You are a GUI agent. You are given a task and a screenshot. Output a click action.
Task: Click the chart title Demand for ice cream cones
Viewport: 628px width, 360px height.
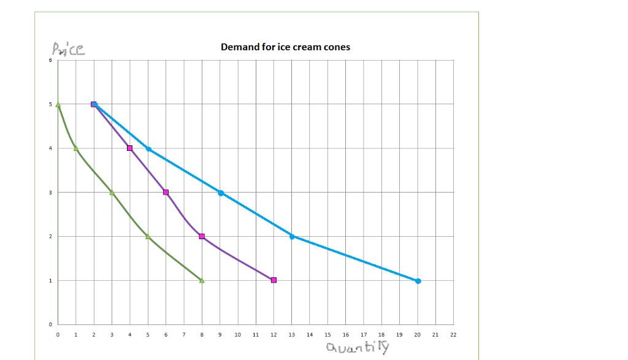pyautogui.click(x=285, y=47)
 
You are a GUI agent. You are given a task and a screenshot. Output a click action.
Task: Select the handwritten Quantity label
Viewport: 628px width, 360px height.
pyautogui.click(x=358, y=348)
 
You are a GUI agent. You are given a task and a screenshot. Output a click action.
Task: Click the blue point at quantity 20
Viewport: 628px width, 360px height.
pyautogui.click(x=418, y=281)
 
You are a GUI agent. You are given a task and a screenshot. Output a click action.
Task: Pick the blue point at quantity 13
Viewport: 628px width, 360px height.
pyautogui.click(x=292, y=237)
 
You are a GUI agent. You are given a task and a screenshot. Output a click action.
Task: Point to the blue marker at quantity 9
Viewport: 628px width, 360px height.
pyautogui.click(x=220, y=193)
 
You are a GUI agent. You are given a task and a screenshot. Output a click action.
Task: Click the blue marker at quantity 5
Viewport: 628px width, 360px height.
pyautogui.click(x=148, y=148)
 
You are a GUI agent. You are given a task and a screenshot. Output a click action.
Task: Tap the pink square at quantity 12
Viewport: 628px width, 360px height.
pyautogui.click(x=274, y=280)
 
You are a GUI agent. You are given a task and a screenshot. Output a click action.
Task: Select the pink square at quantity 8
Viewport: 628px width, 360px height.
pyautogui.click(x=202, y=237)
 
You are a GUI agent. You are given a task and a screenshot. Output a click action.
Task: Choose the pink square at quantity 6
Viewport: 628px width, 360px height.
pyautogui.click(x=166, y=193)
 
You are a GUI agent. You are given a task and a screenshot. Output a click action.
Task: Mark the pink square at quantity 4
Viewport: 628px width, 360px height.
pyautogui.click(x=129, y=148)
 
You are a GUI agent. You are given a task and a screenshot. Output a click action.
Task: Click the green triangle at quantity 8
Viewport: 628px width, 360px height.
pyautogui.click(x=202, y=280)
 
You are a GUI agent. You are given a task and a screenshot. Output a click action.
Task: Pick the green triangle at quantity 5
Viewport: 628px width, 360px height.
pyautogui.click(x=148, y=236)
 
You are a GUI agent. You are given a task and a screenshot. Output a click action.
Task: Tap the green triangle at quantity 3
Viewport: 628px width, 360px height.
pyautogui.click(x=112, y=192)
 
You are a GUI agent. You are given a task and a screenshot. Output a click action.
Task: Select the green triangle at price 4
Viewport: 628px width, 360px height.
pyautogui.click(x=75, y=148)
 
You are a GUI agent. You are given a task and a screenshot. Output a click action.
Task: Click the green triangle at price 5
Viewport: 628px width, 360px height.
pyautogui.click(x=58, y=104)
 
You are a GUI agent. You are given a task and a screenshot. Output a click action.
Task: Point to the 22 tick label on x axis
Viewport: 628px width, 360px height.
pyautogui.click(x=453, y=335)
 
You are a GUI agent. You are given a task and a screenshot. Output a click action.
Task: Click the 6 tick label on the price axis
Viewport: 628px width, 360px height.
pyautogui.click(x=52, y=60)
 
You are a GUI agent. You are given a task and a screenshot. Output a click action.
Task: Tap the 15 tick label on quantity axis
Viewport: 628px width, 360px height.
pyautogui.click(x=327, y=335)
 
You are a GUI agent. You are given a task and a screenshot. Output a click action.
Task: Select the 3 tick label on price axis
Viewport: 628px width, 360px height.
pyautogui.click(x=52, y=193)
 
